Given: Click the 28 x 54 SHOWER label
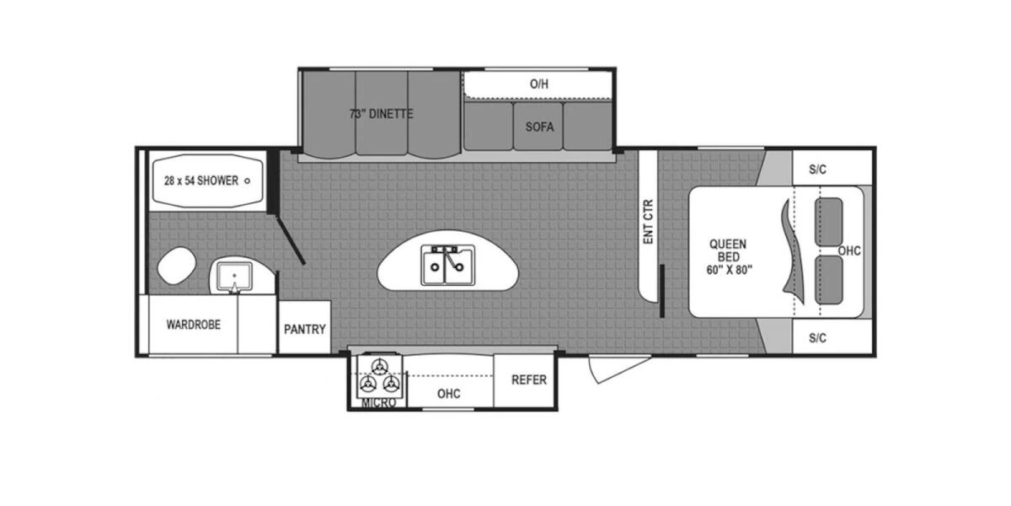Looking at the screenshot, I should tap(201, 180).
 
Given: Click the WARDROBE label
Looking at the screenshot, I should tap(193, 324).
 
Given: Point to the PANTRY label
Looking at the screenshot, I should tap(304, 329).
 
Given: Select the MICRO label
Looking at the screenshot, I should tap(378, 403).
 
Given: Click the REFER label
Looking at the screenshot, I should tap(529, 379).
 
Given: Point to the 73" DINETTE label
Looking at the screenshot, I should tap(382, 114).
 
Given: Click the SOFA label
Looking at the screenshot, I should tap(539, 127).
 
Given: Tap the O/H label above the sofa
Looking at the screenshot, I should tap(539, 83).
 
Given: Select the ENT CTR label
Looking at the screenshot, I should tap(649, 221).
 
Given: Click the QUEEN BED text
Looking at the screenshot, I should tap(728, 256).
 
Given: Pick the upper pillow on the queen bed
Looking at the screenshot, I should tap(830, 221).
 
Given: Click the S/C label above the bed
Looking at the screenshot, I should tap(817, 170).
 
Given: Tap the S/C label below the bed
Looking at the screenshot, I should tap(817, 337).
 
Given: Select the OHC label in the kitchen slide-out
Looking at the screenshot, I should tap(448, 393).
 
